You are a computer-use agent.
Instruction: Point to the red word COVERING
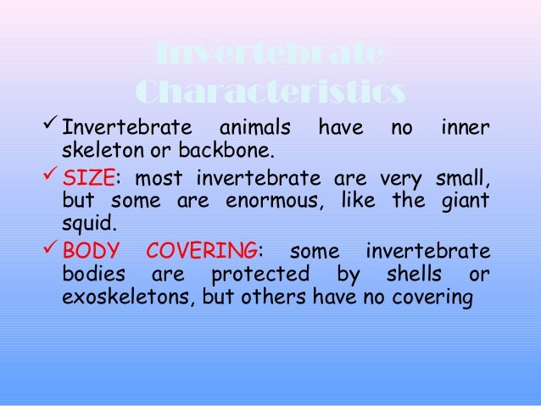click(202, 253)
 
